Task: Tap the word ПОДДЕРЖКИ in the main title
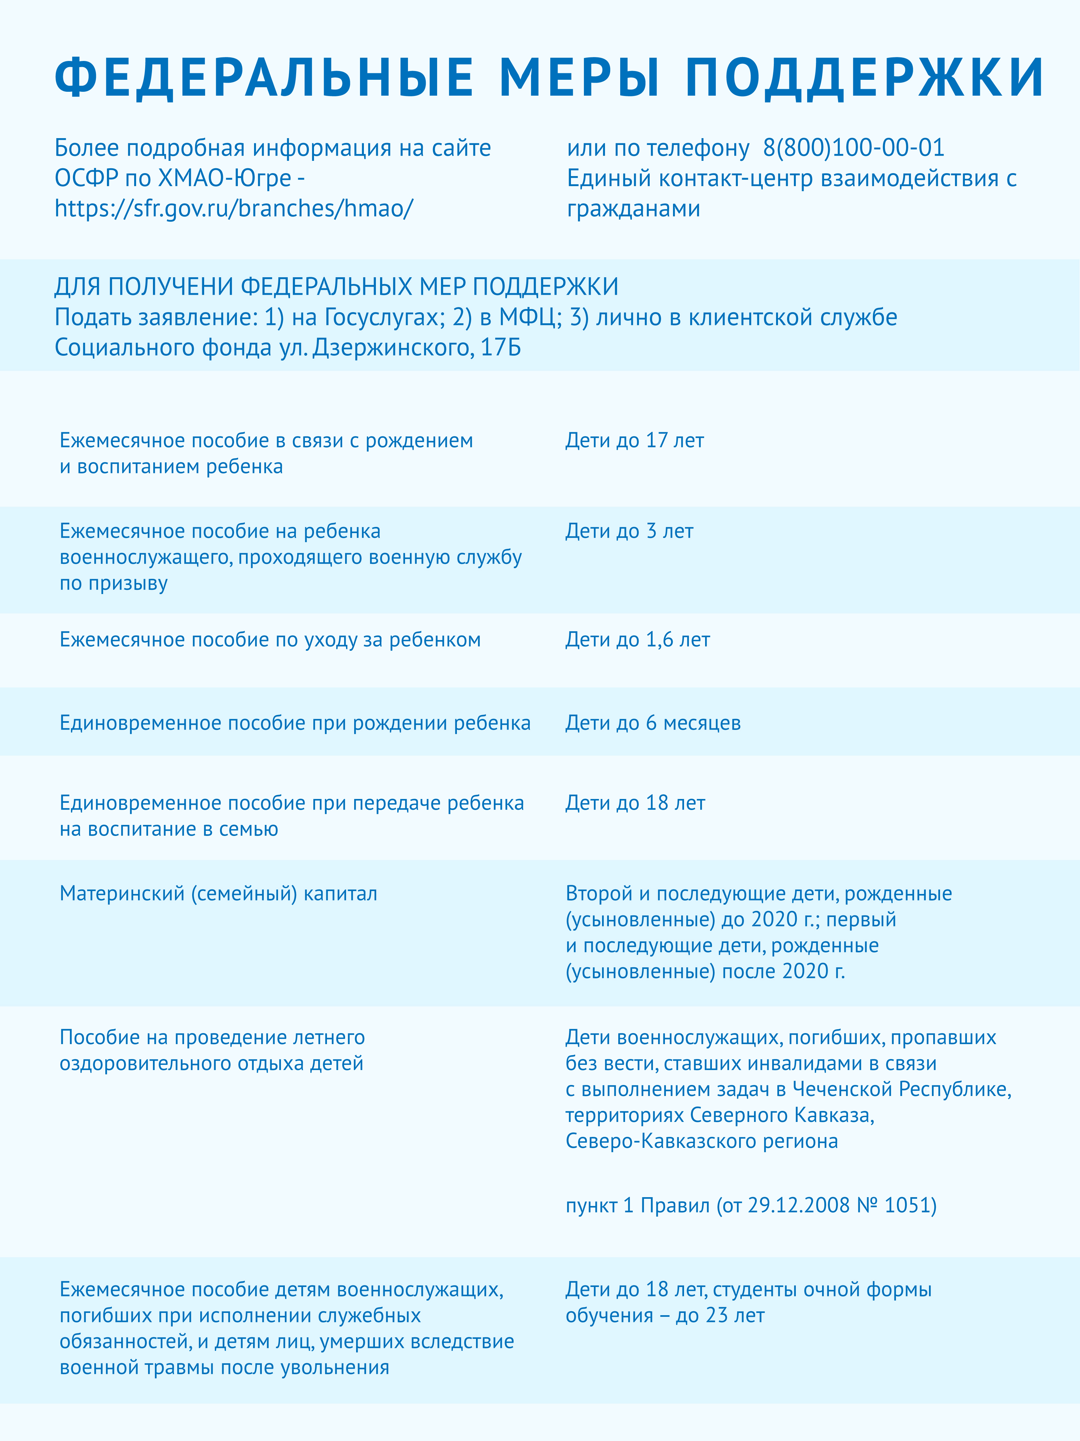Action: point(865,77)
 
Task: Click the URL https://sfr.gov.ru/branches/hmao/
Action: point(234,208)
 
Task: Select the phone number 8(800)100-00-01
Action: point(854,148)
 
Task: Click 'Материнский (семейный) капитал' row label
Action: point(218,894)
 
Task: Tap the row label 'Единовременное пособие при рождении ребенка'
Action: point(295,723)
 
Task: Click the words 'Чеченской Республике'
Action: point(901,1089)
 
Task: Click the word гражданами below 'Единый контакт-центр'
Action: point(633,209)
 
